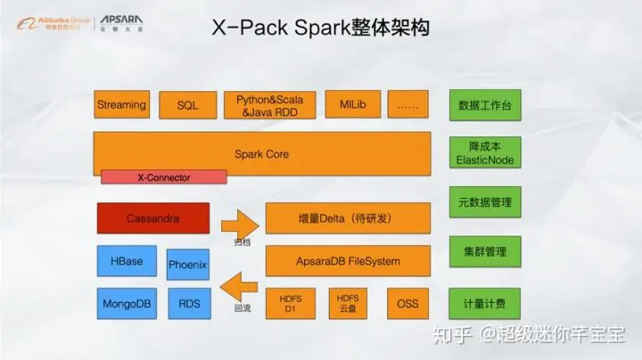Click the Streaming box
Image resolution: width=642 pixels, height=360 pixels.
(x=121, y=105)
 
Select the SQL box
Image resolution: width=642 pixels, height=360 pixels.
(x=187, y=105)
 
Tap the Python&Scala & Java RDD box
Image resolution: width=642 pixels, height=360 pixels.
(x=269, y=105)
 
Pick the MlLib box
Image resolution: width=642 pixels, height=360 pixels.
(x=351, y=105)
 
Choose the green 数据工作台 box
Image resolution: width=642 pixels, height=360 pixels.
(x=484, y=105)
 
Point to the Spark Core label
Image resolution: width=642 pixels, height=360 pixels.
(x=261, y=154)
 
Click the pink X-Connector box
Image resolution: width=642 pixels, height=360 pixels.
(x=163, y=178)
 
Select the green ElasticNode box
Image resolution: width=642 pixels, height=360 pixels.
(x=484, y=153)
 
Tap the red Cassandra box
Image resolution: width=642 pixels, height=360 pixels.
(x=152, y=217)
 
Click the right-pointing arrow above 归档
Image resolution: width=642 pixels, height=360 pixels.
(x=238, y=220)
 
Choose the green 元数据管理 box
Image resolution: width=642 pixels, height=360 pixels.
(x=484, y=202)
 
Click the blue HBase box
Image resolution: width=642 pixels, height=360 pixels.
(x=127, y=262)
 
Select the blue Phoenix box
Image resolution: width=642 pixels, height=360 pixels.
(x=187, y=265)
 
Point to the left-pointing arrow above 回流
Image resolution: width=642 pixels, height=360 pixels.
(x=238, y=288)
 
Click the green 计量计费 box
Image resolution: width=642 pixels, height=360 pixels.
(x=484, y=304)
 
